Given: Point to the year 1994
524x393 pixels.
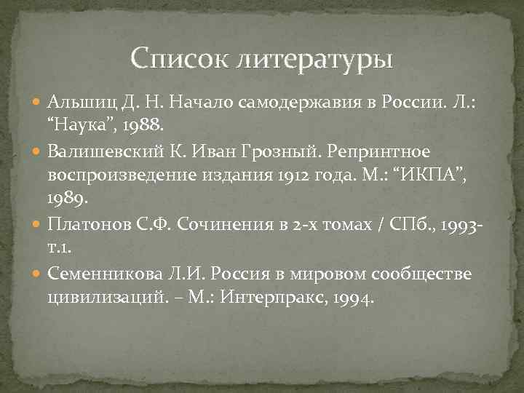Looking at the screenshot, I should [x=351, y=298].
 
